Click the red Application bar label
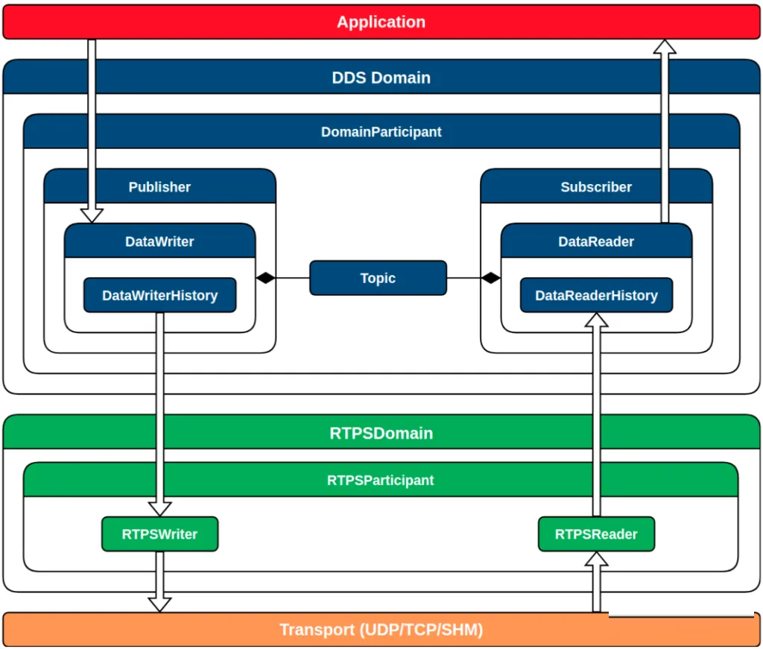click(x=381, y=22)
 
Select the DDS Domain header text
click(x=381, y=77)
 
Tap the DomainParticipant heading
click(x=381, y=132)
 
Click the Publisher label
click(x=159, y=187)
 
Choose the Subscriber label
click(x=596, y=187)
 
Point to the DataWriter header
click(x=159, y=241)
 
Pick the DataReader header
click(x=596, y=241)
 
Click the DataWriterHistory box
click(x=160, y=295)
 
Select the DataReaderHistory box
click(x=597, y=295)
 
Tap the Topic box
click(x=378, y=278)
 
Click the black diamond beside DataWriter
click(x=266, y=278)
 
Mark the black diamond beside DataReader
click(x=490, y=278)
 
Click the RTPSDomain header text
click(x=381, y=433)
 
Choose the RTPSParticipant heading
click(x=381, y=480)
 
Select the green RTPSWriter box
click(x=160, y=534)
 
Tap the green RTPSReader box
click(x=597, y=534)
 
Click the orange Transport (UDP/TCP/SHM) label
click(x=381, y=630)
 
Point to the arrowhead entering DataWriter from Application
click(x=92, y=215)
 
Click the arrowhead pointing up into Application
click(x=665, y=47)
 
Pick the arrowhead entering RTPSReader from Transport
click(x=597, y=559)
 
